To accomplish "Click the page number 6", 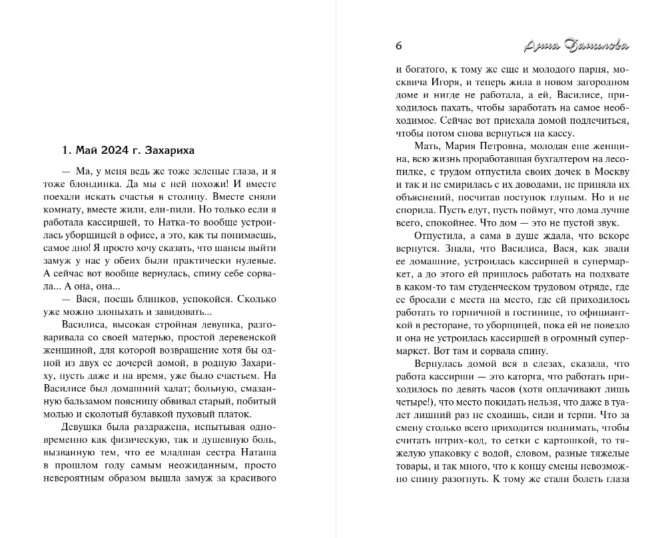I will [398, 46].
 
